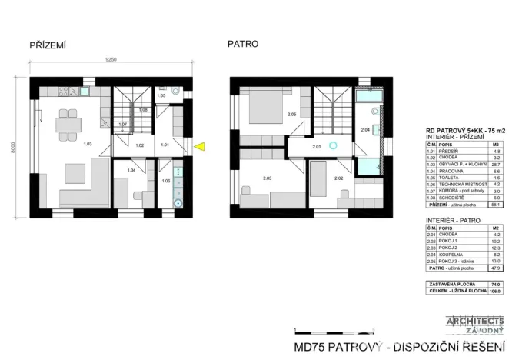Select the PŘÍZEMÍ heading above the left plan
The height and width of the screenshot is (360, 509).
48,45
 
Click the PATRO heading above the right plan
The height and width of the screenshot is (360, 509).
242,44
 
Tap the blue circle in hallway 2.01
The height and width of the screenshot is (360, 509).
333,145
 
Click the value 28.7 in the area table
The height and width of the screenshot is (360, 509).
496,164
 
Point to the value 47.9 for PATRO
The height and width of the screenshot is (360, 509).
495,268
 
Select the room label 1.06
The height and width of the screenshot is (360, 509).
166,181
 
